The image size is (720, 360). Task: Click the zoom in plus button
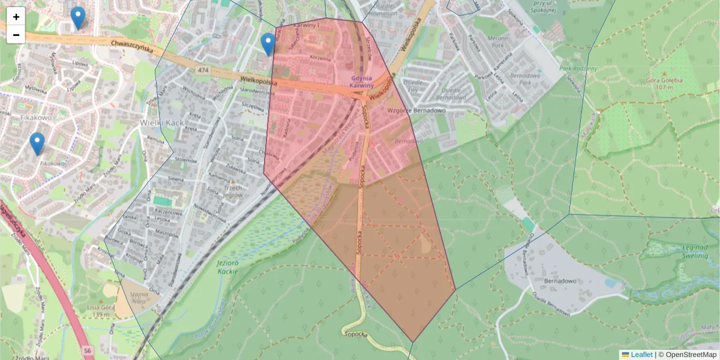[x=16, y=17]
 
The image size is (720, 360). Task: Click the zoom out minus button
[x=16, y=35]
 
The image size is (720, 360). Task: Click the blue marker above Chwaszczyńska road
[x=77, y=17]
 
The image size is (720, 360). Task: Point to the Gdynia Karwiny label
[x=362, y=82]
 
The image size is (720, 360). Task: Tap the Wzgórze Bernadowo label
[x=416, y=111]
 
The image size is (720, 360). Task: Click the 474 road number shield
[x=203, y=70]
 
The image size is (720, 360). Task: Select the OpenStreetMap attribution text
[x=691, y=355]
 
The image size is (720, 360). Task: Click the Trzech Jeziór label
[x=231, y=191]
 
